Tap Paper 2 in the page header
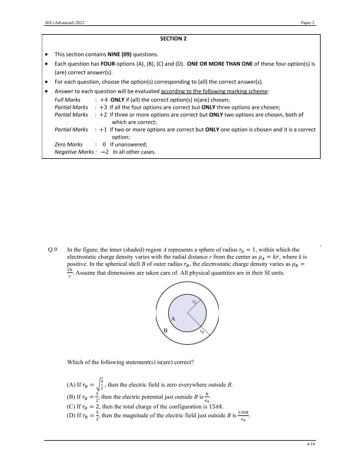pyautogui.click(x=308, y=23)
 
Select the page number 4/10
pyautogui.click(x=311, y=444)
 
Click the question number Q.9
pyautogui.click(x=52, y=249)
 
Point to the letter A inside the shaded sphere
pyautogui.click(x=173, y=318)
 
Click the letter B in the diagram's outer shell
pyautogui.click(x=165, y=331)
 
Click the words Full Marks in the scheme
pyautogui.click(x=67, y=100)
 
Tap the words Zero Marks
pyautogui.click(x=68, y=144)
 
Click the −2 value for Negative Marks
pyautogui.click(x=105, y=152)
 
